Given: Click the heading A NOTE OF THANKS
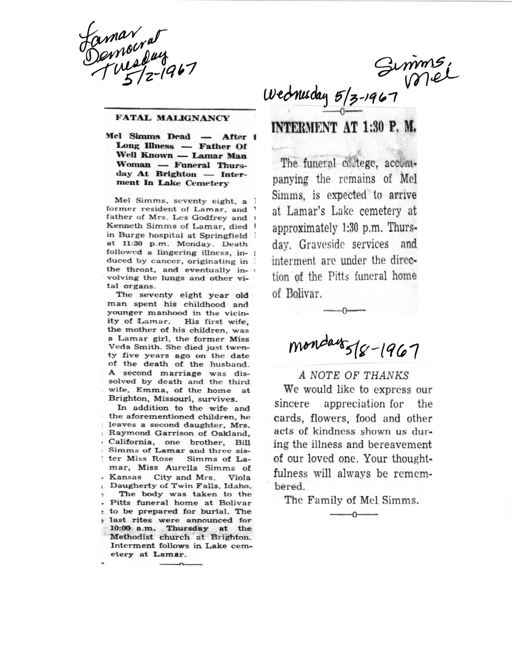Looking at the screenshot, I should click(x=354, y=375).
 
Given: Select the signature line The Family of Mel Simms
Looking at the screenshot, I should click(x=352, y=500).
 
